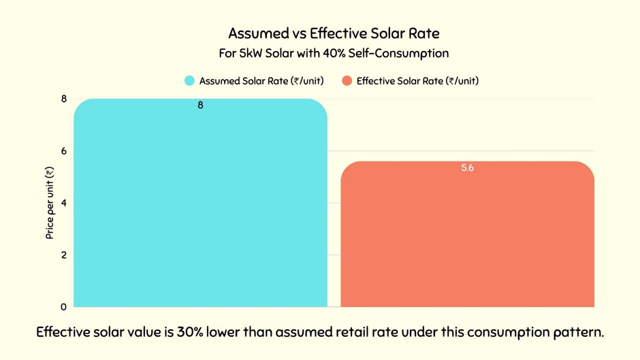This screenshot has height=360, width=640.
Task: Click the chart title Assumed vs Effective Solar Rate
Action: click(x=334, y=33)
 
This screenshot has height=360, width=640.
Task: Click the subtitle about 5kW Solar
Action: click(x=334, y=53)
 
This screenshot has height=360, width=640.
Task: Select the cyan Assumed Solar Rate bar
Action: click(x=200, y=204)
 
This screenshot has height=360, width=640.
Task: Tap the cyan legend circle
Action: click(x=189, y=81)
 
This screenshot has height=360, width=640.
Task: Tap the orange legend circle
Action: click(x=347, y=81)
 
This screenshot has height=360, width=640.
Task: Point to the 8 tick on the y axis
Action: click(x=64, y=99)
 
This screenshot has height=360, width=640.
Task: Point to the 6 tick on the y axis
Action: click(x=64, y=151)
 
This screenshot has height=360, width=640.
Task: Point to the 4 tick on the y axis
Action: click(x=64, y=203)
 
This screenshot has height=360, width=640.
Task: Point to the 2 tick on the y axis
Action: click(x=64, y=255)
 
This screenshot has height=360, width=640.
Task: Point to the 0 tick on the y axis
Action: click(x=64, y=307)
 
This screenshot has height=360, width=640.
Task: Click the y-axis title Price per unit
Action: click(x=49, y=203)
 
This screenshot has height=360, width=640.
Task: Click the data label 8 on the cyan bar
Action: click(x=200, y=105)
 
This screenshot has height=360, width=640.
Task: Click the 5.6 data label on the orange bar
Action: click(x=467, y=168)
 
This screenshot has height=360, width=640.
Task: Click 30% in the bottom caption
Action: click(x=190, y=333)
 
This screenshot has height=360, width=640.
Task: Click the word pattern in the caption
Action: click(x=577, y=333)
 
